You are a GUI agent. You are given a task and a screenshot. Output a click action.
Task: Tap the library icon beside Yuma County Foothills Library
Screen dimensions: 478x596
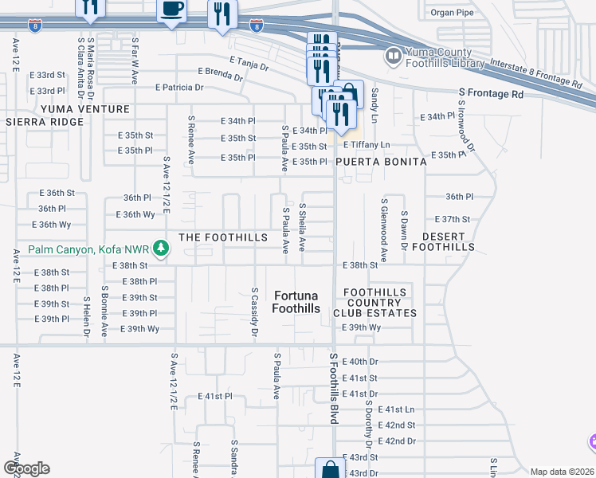coord(392,57)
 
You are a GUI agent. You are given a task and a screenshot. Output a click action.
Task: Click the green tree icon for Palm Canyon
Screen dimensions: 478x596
coord(161,249)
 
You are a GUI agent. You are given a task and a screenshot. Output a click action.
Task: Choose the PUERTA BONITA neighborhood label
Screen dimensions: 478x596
coord(380,161)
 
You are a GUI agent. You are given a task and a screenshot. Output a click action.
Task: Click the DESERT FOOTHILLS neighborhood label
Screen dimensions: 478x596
coord(449,241)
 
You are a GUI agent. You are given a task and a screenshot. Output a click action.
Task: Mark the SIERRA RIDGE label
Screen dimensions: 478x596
coord(44,122)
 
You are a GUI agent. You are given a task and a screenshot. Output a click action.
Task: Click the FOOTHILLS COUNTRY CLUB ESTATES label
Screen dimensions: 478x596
coord(374,303)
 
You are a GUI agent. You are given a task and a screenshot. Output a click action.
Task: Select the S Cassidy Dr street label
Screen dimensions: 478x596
coord(254,312)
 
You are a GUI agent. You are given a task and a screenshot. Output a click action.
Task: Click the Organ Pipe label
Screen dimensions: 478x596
coord(453,12)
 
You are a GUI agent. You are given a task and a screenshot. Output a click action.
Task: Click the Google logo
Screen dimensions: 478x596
coord(26,468)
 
